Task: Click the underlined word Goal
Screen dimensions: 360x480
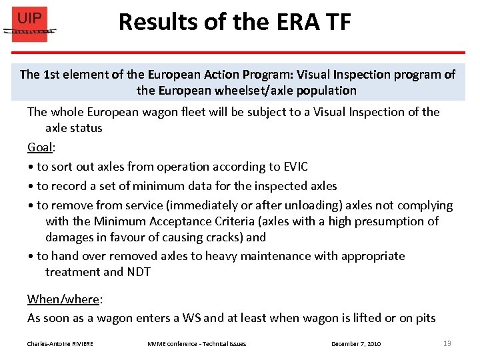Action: [40, 147]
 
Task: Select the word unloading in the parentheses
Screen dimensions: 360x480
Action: [319, 205]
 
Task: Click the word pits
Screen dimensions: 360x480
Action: [423, 318]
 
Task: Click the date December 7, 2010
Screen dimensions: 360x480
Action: [356, 343]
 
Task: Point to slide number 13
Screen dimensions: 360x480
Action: [447, 343]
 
